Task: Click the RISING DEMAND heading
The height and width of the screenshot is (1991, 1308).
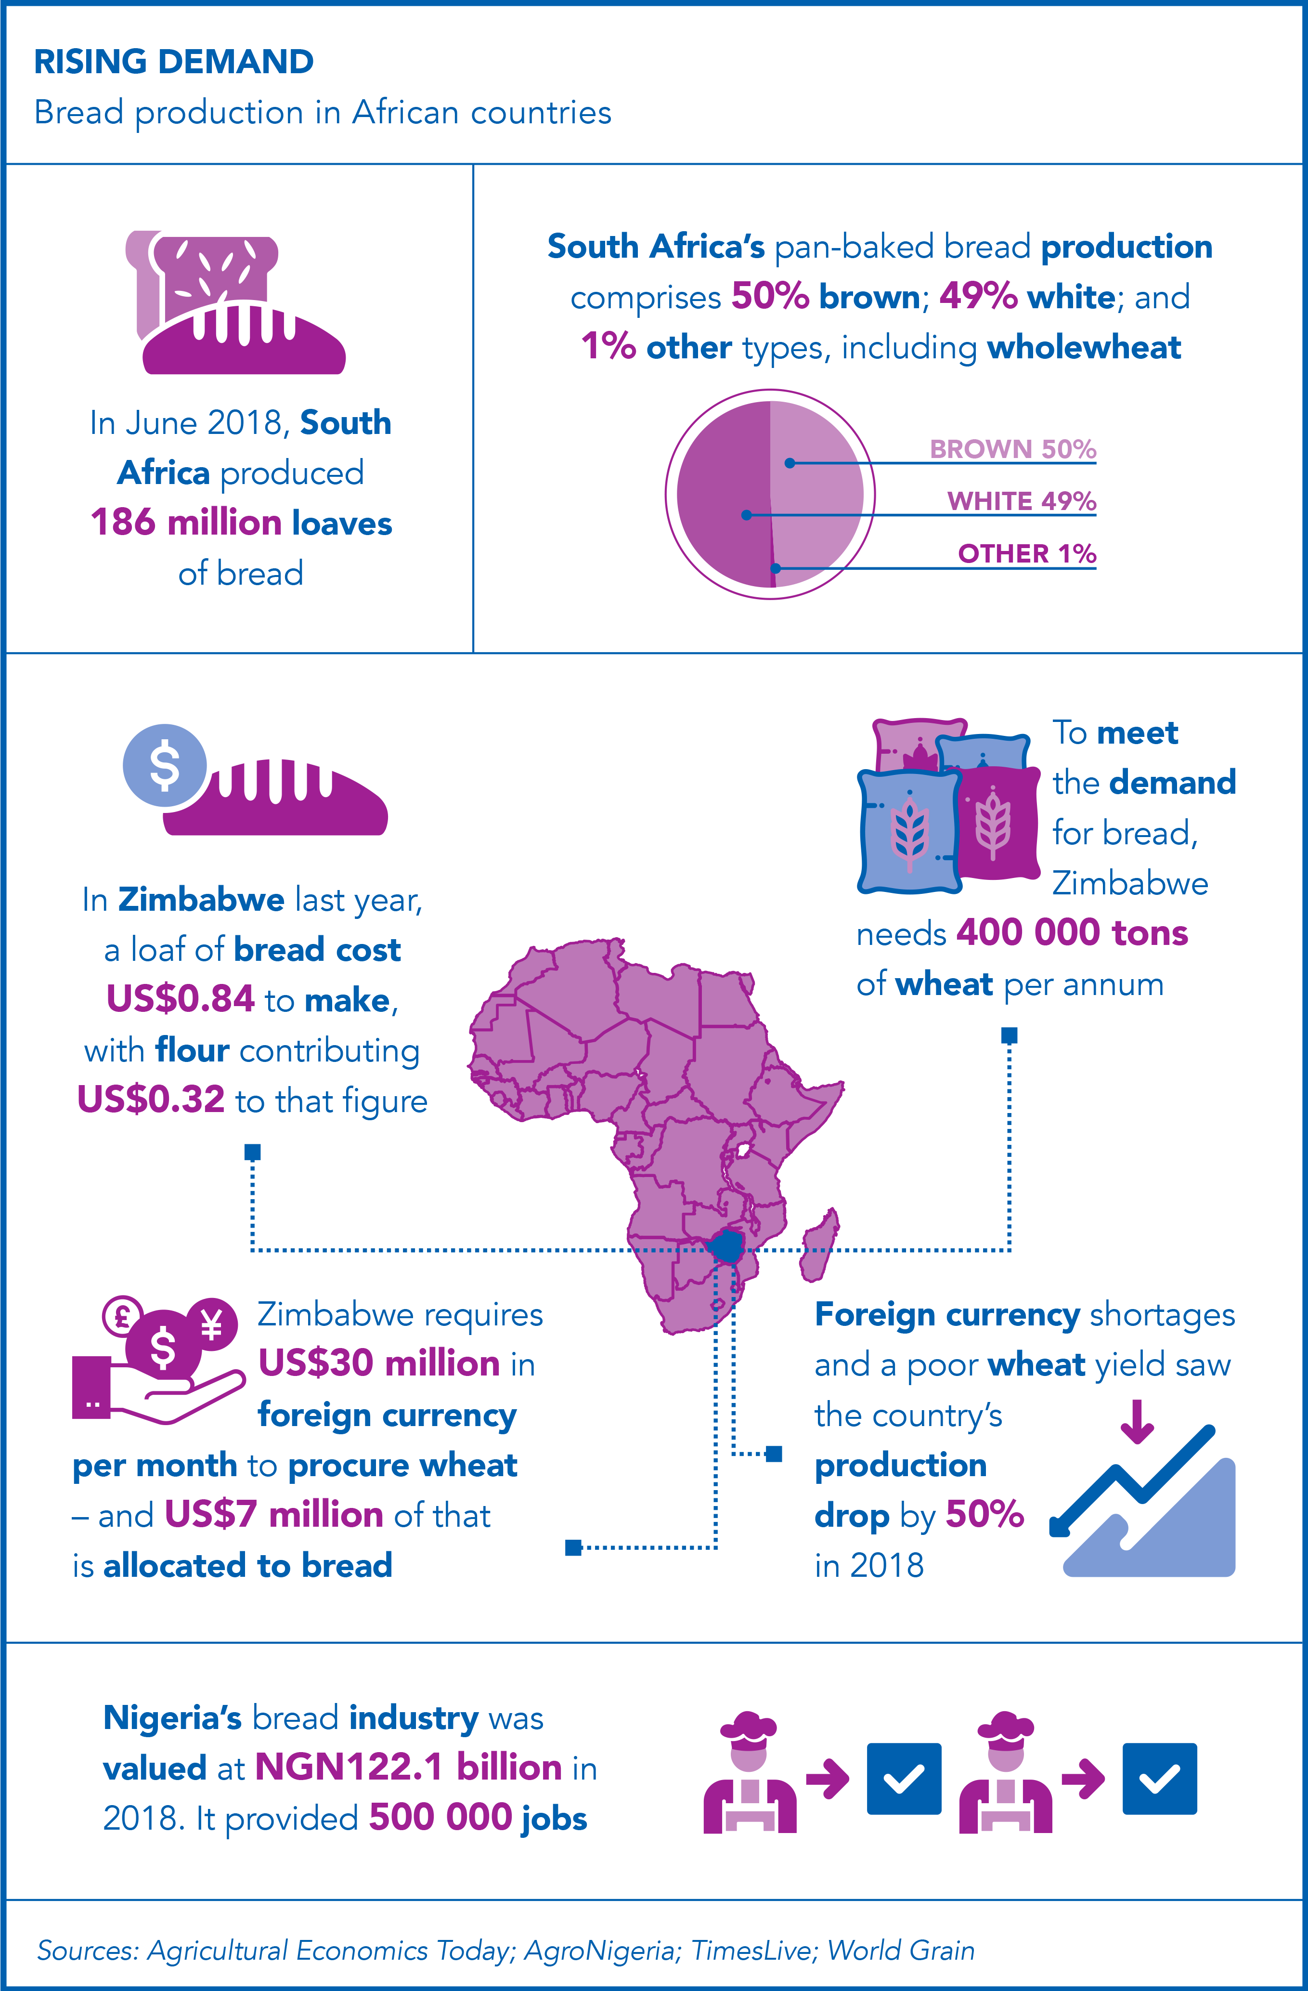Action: pos(174,62)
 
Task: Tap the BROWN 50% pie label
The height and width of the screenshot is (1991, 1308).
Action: pos(1013,449)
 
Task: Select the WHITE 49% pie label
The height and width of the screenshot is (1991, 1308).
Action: pos(1021,501)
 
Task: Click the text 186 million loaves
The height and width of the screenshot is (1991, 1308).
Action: pos(241,523)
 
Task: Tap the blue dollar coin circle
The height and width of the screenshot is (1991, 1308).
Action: pos(165,765)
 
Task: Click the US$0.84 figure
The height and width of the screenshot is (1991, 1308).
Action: pos(181,999)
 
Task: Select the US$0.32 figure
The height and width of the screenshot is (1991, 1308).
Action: pos(151,1099)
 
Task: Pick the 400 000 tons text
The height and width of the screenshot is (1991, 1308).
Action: pos(1072,932)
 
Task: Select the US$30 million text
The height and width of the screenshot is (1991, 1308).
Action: pos(380,1363)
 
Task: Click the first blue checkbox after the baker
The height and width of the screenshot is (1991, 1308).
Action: pos(904,1779)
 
